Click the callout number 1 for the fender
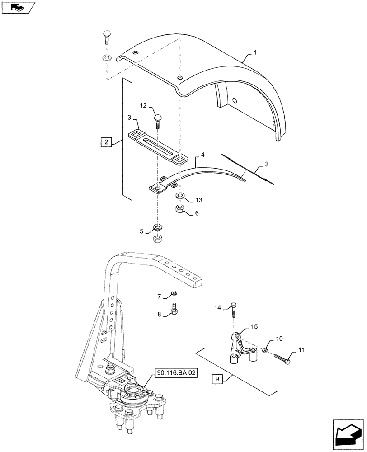point(255,53)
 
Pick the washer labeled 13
point(179,196)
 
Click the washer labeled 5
point(158,227)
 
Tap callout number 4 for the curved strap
point(203,155)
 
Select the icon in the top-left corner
point(18,7)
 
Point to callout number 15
point(254,326)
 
